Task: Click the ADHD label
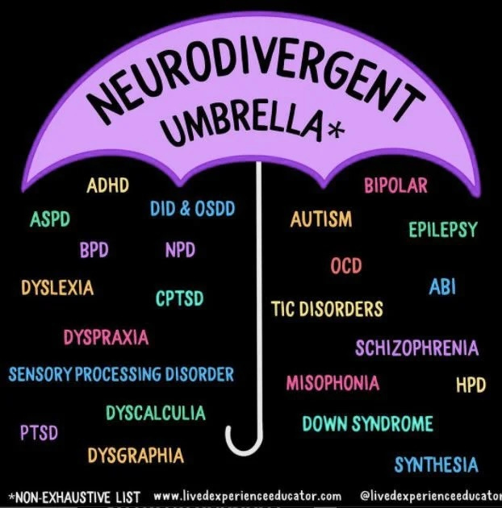tap(107, 185)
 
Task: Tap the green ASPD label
tap(50, 219)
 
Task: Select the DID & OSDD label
tap(192, 209)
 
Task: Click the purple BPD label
tap(94, 250)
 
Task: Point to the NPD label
tap(180, 250)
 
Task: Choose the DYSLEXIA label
tap(57, 287)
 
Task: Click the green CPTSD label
tap(179, 299)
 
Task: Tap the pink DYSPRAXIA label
tap(107, 337)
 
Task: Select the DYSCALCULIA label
tap(155, 414)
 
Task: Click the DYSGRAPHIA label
tap(136, 456)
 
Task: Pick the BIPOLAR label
tap(395, 186)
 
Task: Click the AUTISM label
tap(321, 219)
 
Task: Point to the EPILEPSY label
tap(442, 230)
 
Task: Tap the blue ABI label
tap(442, 287)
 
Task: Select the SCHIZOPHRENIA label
tap(416, 348)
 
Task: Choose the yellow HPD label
tap(471, 385)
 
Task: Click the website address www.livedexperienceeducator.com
tap(247, 496)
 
